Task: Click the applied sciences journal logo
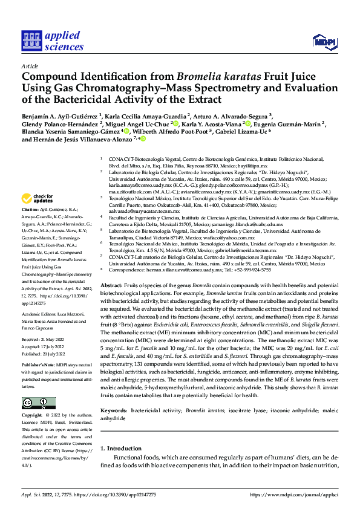pos(52,41)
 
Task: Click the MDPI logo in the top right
pos(324,41)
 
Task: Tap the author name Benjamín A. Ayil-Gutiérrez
pos(60,116)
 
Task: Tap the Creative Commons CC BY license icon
pos(36,403)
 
